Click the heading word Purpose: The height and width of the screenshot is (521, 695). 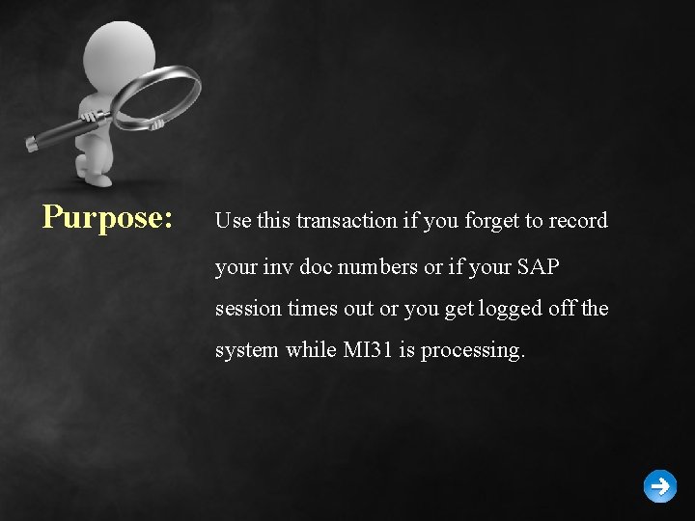coord(107,217)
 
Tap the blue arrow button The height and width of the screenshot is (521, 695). coord(660,486)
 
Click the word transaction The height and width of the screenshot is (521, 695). coord(347,221)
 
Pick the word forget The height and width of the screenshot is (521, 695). coord(491,221)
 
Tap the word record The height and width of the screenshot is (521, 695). coord(578,221)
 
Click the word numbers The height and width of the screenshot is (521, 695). coord(377,266)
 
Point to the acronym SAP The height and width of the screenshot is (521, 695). coord(538,266)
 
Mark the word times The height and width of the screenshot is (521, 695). coord(311,309)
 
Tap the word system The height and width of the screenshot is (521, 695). coord(247,351)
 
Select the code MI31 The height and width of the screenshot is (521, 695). coord(368,350)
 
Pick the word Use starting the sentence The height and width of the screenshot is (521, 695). coord(233,221)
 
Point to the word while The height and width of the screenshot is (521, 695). coord(312,350)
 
